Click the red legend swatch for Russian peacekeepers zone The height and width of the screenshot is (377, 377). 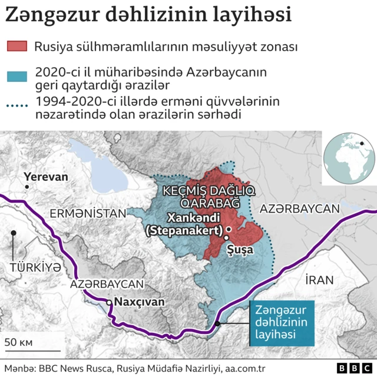pos(16,47)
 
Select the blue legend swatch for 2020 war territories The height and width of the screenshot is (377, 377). pos(16,76)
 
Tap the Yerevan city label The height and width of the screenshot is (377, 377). pos(45,177)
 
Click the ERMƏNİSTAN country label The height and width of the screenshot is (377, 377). pos(88,213)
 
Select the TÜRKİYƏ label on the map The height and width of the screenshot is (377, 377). pos(35,267)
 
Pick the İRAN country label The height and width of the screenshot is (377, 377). pos(319,280)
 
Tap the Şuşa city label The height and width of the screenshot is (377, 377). pos(240,249)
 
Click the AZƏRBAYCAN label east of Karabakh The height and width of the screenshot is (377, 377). pos(300,209)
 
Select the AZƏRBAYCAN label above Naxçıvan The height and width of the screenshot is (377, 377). pos(107,283)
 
